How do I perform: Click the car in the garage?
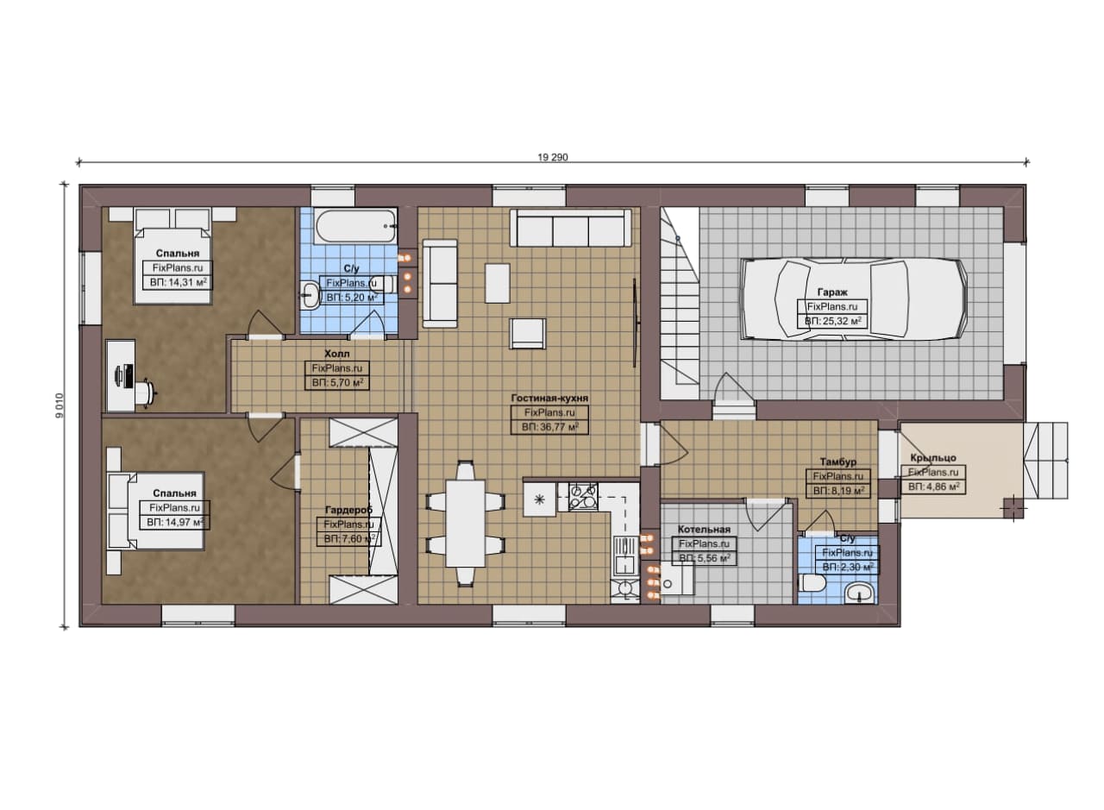(x=854, y=298)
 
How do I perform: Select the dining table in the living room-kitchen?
(x=465, y=524)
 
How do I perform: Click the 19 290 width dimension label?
(x=553, y=157)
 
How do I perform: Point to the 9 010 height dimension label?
(x=60, y=405)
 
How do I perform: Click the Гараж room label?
(x=832, y=292)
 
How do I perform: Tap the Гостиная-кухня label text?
(x=549, y=398)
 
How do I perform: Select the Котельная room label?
(x=704, y=530)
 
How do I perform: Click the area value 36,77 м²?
(x=549, y=427)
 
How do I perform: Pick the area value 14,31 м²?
(x=178, y=282)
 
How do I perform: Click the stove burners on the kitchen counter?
(x=584, y=496)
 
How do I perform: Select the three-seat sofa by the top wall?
(x=571, y=229)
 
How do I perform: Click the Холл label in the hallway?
(x=337, y=354)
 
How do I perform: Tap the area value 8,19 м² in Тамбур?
(x=838, y=491)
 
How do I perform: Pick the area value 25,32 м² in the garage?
(x=833, y=321)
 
